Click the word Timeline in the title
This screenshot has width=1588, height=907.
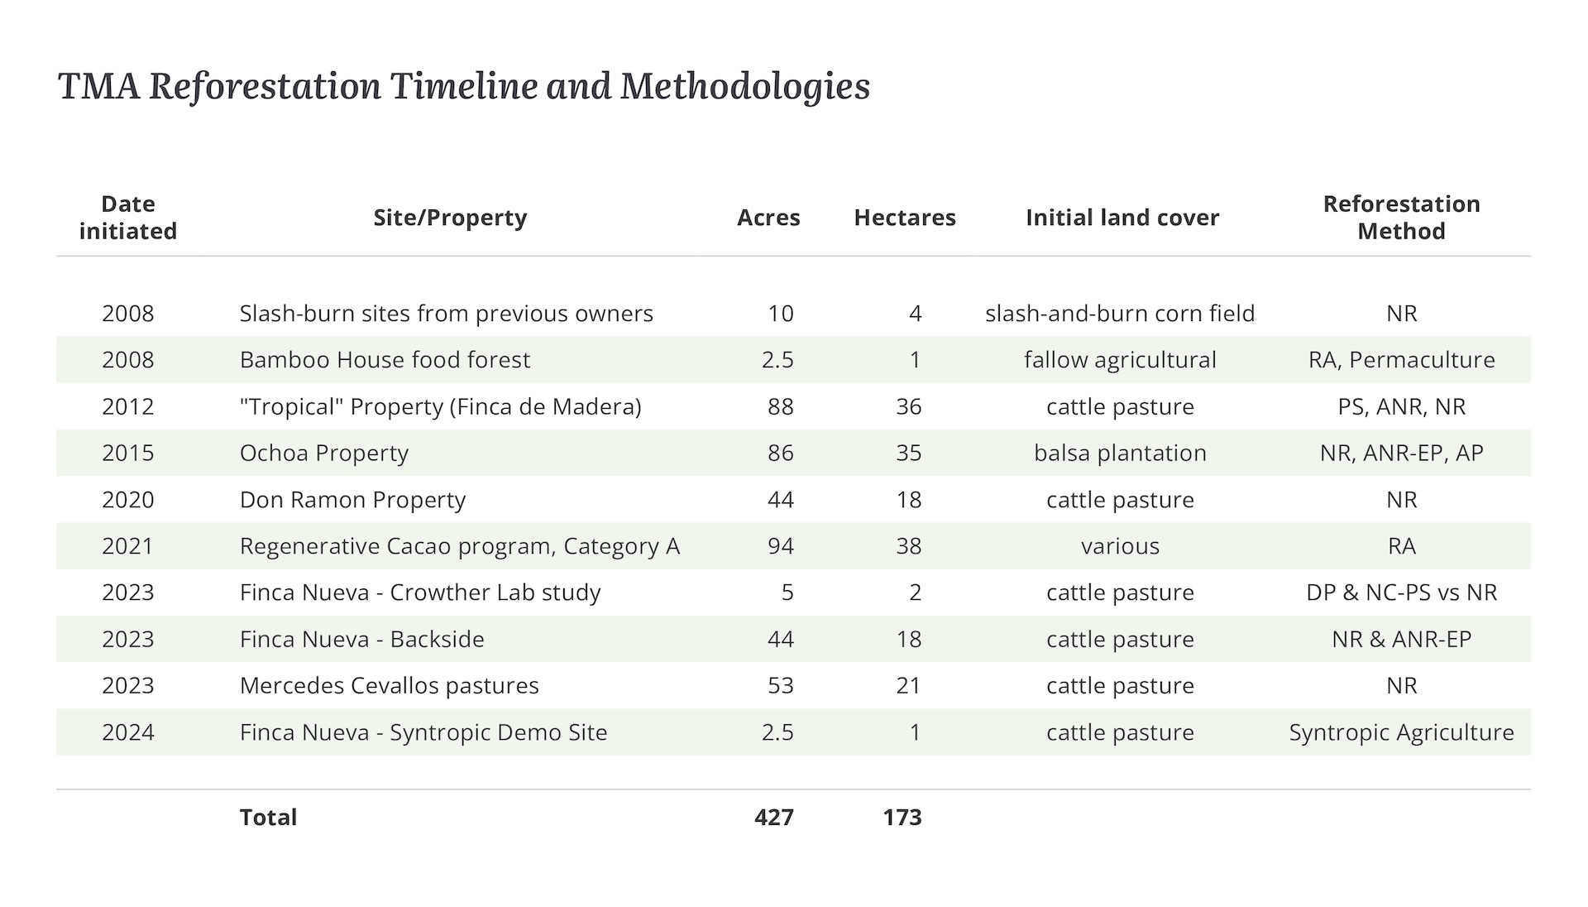(x=463, y=87)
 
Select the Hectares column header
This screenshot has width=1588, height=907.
(x=904, y=218)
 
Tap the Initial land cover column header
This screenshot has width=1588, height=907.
(x=1122, y=218)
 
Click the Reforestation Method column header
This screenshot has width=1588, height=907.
(x=1401, y=218)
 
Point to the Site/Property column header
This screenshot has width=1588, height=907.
(x=450, y=218)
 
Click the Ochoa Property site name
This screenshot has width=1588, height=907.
(x=324, y=453)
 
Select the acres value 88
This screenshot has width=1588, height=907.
(x=780, y=407)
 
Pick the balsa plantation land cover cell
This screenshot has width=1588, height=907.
(x=1120, y=453)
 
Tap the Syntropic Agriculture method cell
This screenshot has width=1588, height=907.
(x=1401, y=732)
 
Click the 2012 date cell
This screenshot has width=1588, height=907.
(x=128, y=407)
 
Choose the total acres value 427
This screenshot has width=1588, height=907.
(x=773, y=818)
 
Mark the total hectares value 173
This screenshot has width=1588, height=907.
(x=902, y=818)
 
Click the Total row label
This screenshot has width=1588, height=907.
(x=268, y=818)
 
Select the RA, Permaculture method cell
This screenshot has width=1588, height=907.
(x=1401, y=360)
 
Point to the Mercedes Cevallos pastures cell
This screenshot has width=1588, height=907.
(x=389, y=686)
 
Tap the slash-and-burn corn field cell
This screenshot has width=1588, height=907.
(x=1120, y=314)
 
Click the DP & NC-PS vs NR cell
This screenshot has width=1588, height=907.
(x=1401, y=593)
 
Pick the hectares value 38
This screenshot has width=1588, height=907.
(x=908, y=546)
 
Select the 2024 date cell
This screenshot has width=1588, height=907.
(x=128, y=732)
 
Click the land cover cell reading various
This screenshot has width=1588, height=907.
(x=1120, y=546)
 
